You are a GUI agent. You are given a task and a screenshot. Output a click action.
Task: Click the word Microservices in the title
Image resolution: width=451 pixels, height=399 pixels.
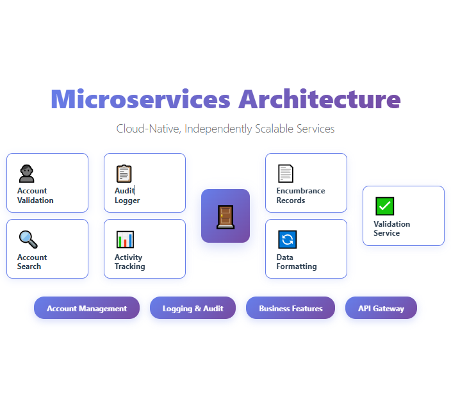pyautogui.click(x=140, y=99)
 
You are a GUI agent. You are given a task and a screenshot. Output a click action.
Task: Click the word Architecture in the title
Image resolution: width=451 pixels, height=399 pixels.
pyautogui.click(x=320, y=99)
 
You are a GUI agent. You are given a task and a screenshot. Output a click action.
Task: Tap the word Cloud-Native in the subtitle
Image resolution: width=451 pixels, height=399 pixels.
pyautogui.click(x=149, y=129)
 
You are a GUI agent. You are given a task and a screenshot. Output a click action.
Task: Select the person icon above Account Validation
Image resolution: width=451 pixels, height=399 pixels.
pyautogui.click(x=27, y=173)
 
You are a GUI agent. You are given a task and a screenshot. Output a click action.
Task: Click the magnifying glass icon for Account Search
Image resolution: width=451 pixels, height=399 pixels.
pyautogui.click(x=28, y=240)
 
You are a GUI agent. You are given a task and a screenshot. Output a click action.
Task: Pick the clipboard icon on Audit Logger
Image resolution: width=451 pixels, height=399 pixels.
pyautogui.click(x=124, y=174)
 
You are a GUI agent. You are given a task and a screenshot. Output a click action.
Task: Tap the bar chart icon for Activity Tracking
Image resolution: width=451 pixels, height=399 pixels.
pyautogui.click(x=125, y=240)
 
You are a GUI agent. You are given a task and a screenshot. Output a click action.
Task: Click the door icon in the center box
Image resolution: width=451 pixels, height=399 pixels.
pyautogui.click(x=225, y=216)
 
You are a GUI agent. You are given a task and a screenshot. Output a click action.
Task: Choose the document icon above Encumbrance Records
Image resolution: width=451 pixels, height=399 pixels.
pyautogui.click(x=286, y=173)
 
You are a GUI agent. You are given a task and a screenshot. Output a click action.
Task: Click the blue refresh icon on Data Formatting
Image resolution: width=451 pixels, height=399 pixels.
pyautogui.click(x=287, y=240)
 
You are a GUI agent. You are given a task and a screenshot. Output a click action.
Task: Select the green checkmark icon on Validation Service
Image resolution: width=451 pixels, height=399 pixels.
pyautogui.click(x=384, y=206)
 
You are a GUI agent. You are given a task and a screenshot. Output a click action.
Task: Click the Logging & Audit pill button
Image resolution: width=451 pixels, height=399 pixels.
pyautogui.click(x=193, y=308)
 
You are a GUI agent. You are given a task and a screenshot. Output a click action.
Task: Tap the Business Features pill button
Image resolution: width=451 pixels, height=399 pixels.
pyautogui.click(x=290, y=308)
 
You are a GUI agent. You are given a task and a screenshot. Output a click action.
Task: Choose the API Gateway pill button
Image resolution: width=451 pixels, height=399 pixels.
pyautogui.click(x=381, y=308)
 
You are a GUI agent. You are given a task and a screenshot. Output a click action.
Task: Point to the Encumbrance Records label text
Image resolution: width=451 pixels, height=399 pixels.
pyautogui.click(x=300, y=195)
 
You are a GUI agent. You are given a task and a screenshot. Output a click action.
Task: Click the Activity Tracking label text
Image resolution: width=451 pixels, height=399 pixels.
pyautogui.click(x=129, y=262)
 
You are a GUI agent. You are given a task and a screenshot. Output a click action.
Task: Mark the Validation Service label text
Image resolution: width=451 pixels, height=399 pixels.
pyautogui.click(x=391, y=229)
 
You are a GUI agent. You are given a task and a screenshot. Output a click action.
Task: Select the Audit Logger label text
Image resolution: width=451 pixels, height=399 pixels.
pyautogui.click(x=127, y=195)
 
